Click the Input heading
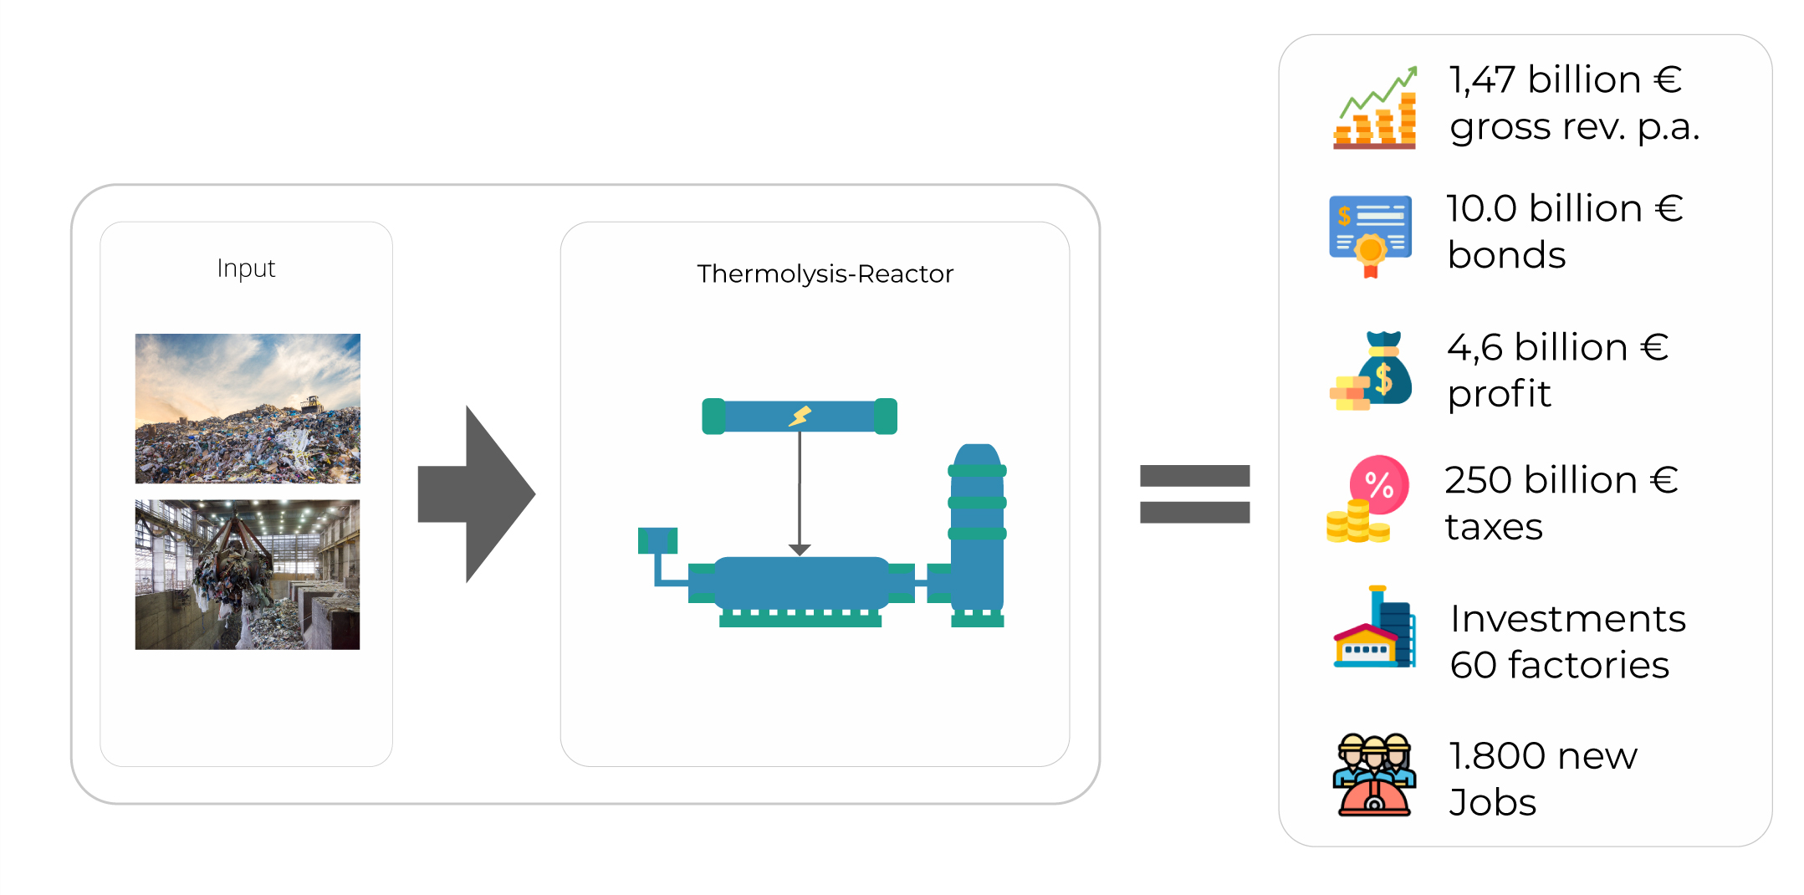click(x=246, y=268)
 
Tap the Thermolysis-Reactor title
click(x=825, y=274)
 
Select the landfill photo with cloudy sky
click(x=248, y=408)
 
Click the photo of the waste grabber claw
click(x=248, y=575)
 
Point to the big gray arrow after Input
click(x=475, y=494)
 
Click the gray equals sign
click(x=1194, y=494)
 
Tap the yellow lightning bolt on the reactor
click(x=800, y=416)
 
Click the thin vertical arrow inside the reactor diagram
click(x=800, y=494)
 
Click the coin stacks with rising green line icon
click(x=1375, y=109)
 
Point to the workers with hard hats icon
click(x=1374, y=775)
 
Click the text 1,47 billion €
click(x=1565, y=80)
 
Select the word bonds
click(x=1506, y=255)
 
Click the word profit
click(x=1499, y=394)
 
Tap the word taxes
click(x=1494, y=527)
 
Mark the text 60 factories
click(x=1559, y=666)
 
